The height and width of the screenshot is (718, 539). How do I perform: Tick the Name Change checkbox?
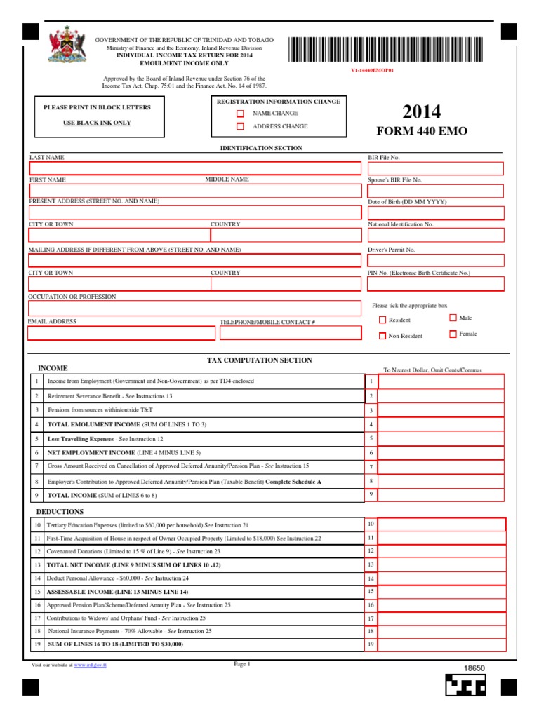coord(240,114)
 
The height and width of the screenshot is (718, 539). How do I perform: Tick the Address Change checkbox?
coord(240,127)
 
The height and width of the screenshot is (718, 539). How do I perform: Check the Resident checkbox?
coord(382,320)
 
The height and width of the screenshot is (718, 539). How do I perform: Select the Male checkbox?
coord(453,318)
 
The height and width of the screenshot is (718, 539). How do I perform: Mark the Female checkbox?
coord(453,334)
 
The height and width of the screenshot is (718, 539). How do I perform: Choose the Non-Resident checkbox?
coord(382,336)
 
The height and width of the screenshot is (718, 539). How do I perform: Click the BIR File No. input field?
coord(435,168)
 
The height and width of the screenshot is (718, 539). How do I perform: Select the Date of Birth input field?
coord(435,212)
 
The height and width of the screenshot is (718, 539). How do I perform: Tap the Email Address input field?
coord(121,333)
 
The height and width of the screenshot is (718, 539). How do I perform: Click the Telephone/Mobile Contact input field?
coord(288,333)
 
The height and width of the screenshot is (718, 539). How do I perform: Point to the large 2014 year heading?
coord(422,111)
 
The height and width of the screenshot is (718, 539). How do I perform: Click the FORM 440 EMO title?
coord(422,131)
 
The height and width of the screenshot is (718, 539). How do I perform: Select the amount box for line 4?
coord(441,424)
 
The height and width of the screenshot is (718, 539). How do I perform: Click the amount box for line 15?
coord(441,592)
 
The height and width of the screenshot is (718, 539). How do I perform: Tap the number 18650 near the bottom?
coord(474,669)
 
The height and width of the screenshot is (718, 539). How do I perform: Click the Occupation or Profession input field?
coord(196,309)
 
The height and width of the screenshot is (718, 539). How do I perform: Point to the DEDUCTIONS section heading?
coord(60,512)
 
